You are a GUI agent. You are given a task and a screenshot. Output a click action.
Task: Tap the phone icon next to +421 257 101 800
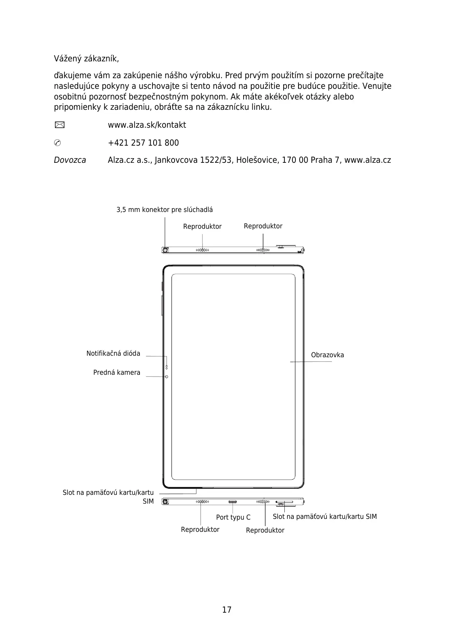click(57, 143)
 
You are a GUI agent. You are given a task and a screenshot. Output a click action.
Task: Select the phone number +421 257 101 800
click(143, 143)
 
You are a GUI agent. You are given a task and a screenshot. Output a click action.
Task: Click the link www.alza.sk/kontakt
click(147, 125)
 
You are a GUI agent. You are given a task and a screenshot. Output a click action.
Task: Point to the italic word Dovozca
click(70, 160)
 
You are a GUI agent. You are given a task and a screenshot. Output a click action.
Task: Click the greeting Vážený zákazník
click(86, 59)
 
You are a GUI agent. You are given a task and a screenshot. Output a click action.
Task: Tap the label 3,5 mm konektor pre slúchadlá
click(164, 210)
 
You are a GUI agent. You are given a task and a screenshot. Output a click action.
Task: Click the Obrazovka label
click(327, 355)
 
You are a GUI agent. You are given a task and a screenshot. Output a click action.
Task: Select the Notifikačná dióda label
click(113, 353)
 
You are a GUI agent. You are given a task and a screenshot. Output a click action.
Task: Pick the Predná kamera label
click(117, 372)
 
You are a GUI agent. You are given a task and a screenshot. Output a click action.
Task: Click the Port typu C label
click(233, 517)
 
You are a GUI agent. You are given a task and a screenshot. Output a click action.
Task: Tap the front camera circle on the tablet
click(167, 377)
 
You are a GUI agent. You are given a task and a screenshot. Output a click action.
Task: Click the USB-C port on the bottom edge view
click(233, 502)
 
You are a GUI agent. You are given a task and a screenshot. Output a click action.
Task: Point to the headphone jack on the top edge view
click(166, 250)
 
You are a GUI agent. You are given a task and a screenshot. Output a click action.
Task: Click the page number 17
click(227, 610)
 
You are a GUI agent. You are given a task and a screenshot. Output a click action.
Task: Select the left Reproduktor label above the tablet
click(202, 226)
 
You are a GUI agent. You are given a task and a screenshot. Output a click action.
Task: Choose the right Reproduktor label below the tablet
click(265, 530)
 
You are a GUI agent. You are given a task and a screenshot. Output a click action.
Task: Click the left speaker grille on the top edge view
click(202, 250)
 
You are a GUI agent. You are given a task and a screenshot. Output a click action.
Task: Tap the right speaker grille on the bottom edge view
click(263, 502)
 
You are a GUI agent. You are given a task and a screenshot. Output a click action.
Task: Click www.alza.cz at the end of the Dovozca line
click(367, 160)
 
